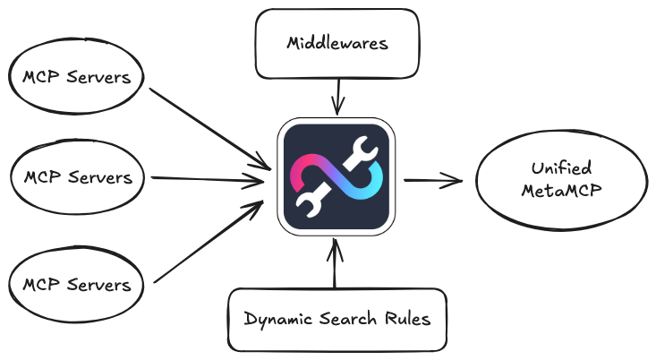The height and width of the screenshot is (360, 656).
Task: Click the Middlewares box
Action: (x=338, y=42)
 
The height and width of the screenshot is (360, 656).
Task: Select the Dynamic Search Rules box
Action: (x=337, y=319)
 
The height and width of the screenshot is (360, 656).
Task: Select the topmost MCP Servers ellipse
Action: (x=76, y=77)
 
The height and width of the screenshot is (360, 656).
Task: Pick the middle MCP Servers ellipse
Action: (x=78, y=177)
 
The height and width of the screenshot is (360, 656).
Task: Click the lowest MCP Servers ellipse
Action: (x=76, y=285)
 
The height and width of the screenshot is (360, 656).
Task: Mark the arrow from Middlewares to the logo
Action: (x=337, y=95)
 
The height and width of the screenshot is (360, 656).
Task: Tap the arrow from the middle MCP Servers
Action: (x=210, y=179)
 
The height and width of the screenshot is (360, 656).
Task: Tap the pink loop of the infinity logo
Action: (x=305, y=167)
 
